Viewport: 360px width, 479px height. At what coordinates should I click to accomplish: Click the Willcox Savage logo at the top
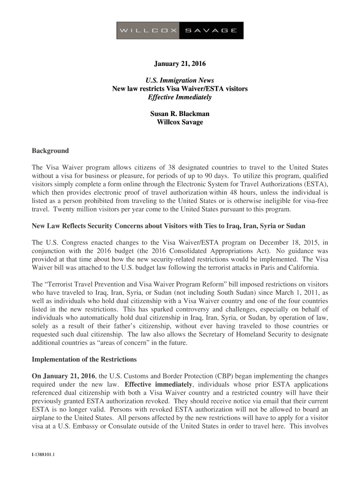[180, 30]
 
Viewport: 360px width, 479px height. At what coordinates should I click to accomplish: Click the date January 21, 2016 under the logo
[180, 64]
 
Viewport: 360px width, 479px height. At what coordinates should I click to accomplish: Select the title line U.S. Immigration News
[180, 80]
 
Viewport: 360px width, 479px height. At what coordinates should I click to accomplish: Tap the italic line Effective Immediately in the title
[180, 97]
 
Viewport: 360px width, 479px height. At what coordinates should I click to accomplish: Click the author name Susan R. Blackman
[180, 114]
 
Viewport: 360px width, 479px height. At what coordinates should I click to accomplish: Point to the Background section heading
[50, 151]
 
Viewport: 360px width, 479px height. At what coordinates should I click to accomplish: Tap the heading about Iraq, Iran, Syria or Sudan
[168, 226]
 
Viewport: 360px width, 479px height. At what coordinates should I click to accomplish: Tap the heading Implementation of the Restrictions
[84, 360]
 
